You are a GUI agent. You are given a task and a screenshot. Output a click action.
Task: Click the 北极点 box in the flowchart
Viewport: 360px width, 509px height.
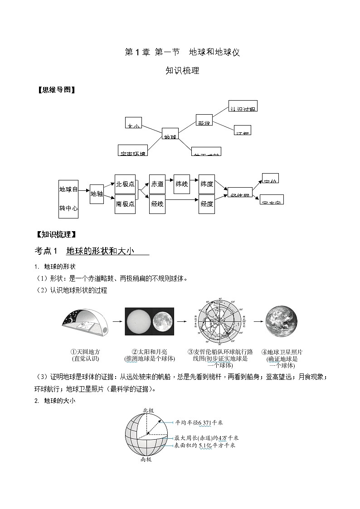125,184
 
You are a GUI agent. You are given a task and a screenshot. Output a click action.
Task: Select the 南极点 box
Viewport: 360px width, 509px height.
125,204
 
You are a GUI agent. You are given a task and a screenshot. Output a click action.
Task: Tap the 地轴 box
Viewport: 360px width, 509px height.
97,194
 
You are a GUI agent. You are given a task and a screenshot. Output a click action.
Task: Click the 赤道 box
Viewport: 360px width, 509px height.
157,184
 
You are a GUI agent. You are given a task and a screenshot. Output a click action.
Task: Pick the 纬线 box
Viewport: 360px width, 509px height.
181,184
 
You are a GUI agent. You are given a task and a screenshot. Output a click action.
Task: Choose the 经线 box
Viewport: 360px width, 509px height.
157,204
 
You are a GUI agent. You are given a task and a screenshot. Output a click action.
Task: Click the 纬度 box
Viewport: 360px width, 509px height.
207,184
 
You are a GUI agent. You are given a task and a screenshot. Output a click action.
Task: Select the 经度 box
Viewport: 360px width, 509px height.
207,204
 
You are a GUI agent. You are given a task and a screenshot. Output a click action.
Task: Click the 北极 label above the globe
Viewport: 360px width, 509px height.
148,410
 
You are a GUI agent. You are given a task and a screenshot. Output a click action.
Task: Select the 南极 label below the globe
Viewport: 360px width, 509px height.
146,459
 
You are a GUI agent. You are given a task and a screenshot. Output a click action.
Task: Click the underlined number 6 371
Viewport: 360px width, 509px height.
204,422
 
